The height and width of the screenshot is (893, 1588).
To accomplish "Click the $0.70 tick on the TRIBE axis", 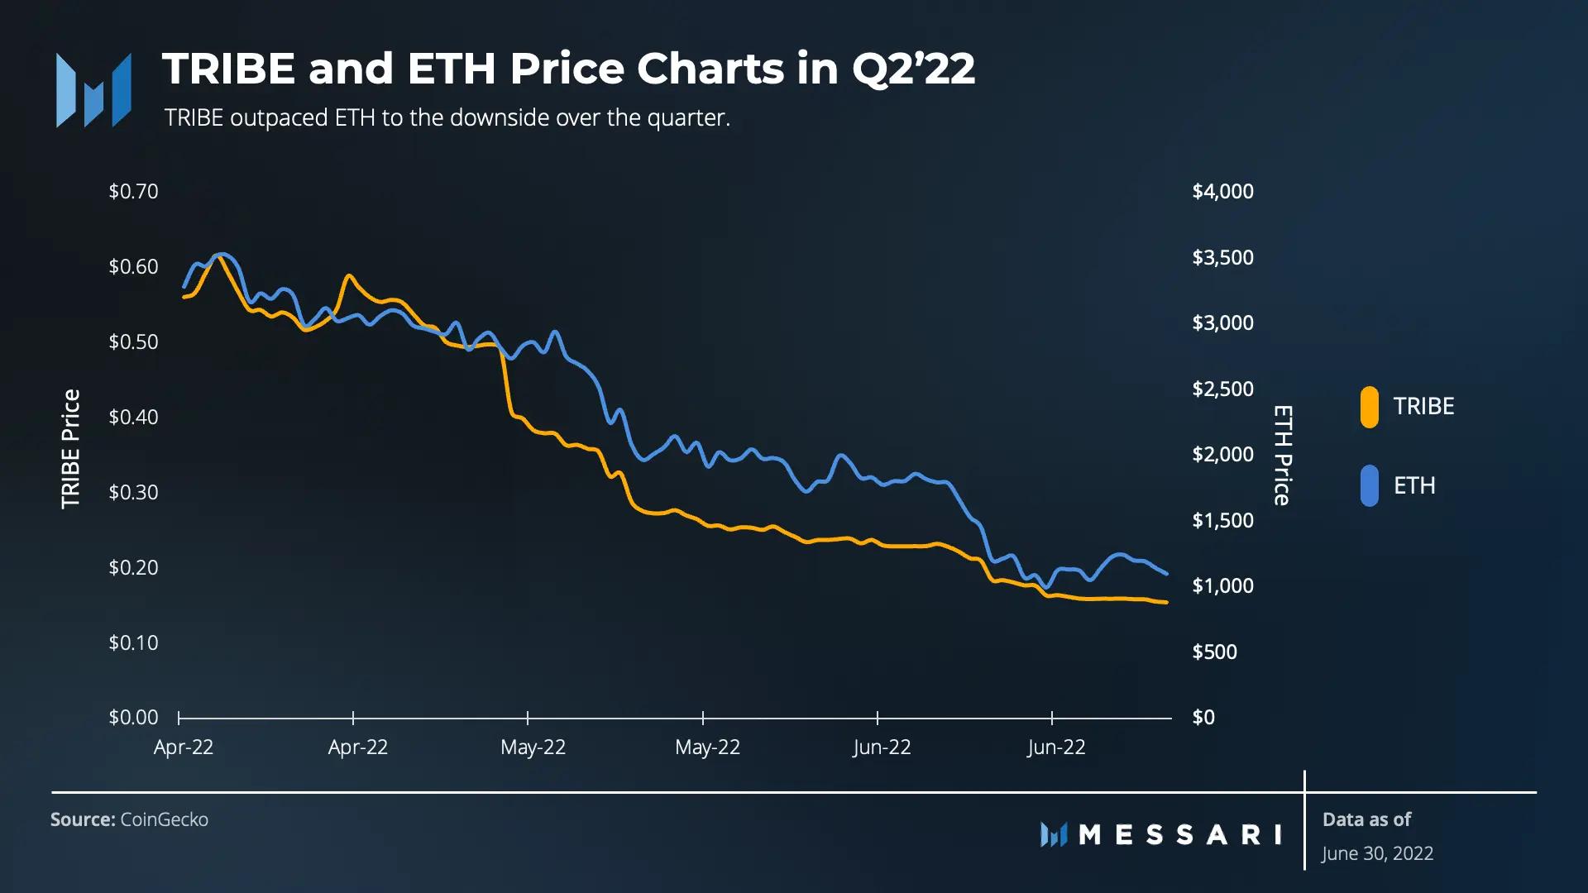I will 133,192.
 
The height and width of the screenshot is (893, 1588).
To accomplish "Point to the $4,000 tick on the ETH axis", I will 1222,192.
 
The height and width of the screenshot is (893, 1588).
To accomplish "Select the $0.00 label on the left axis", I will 133,718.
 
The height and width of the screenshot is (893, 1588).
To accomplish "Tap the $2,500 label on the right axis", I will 1222,389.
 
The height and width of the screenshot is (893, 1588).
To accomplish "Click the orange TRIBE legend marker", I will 1369,407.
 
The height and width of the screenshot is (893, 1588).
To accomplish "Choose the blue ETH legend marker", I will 1369,486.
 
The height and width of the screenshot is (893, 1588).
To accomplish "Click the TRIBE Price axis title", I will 71,449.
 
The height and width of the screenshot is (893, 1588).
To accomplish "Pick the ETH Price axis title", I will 1282,455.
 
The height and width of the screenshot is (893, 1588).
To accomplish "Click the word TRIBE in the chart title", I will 228,69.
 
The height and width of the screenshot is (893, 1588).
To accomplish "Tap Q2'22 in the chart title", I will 913,69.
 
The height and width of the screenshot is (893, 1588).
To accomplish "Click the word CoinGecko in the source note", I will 164,819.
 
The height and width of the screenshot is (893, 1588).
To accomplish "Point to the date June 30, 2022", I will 1377,853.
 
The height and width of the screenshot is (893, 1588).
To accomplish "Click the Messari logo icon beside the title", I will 93,91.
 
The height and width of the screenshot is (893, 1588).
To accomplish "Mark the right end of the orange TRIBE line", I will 1166,602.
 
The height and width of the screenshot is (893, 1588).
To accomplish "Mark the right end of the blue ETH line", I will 1166,573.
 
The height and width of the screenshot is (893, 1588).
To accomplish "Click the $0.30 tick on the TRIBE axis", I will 133,493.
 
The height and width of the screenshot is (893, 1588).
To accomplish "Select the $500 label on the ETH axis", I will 1214,652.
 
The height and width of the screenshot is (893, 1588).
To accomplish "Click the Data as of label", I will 1366,819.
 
